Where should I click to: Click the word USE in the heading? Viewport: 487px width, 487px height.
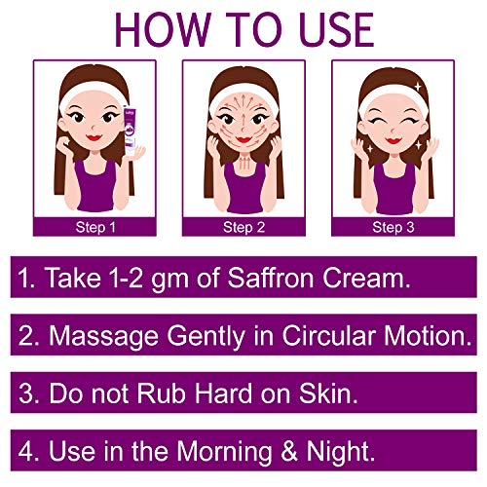pos(336,30)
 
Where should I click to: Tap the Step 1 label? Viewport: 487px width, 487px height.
pos(95,227)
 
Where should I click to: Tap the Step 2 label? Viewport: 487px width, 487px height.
pos(244,227)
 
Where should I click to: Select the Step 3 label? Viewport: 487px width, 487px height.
pos(393,227)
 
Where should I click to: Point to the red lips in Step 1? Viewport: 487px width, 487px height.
pos(94,137)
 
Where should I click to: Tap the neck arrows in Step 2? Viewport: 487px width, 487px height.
pos(245,162)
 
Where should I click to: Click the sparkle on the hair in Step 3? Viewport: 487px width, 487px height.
pos(418,87)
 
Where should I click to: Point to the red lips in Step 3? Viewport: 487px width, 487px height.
pos(393,141)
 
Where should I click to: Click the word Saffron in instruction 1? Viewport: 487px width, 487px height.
pos(271,278)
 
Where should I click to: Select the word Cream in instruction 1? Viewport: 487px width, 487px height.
pos(366,279)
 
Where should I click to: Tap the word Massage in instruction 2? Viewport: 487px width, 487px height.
pos(104,336)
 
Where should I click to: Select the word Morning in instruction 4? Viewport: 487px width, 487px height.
pos(224,451)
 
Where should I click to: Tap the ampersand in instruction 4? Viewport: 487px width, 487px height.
pos(289,451)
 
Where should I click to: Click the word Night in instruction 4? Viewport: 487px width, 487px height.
pos(341,451)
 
